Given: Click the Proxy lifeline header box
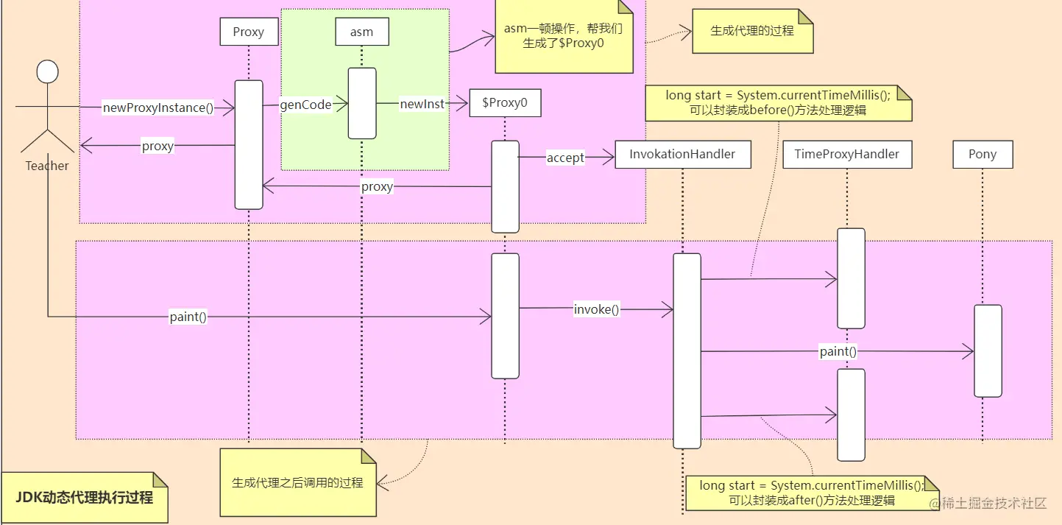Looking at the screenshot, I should pyautogui.click(x=248, y=32).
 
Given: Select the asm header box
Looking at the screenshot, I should pyautogui.click(x=361, y=32).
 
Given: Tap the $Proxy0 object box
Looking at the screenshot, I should pyautogui.click(x=505, y=103).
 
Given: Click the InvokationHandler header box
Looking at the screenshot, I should pyautogui.click(x=682, y=155).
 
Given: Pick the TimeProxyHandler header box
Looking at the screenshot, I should pyautogui.click(x=846, y=155).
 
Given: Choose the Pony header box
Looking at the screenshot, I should pyautogui.click(x=982, y=155).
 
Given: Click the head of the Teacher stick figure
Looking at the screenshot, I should pyautogui.click(x=47, y=72).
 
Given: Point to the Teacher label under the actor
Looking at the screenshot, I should pyautogui.click(x=47, y=166).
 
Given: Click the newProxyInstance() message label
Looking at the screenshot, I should pyautogui.click(x=158, y=108).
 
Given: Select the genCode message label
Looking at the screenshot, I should pyautogui.click(x=305, y=105).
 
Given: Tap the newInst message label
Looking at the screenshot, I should pyautogui.click(x=422, y=105).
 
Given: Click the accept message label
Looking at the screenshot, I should pyautogui.click(x=565, y=158).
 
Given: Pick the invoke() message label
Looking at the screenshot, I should pyautogui.click(x=596, y=310).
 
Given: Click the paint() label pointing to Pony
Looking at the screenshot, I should pyautogui.click(x=838, y=352).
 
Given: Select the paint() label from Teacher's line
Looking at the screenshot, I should pyautogui.click(x=188, y=317).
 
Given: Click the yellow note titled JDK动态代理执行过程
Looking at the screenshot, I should pyautogui.click(x=84, y=498).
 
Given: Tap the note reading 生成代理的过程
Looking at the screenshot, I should pyautogui.click(x=752, y=31).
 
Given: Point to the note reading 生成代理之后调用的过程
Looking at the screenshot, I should pyautogui.click(x=297, y=483).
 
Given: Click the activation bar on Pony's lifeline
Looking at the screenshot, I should pyautogui.click(x=988, y=350).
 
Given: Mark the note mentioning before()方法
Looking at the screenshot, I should pyautogui.click(x=778, y=103).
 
